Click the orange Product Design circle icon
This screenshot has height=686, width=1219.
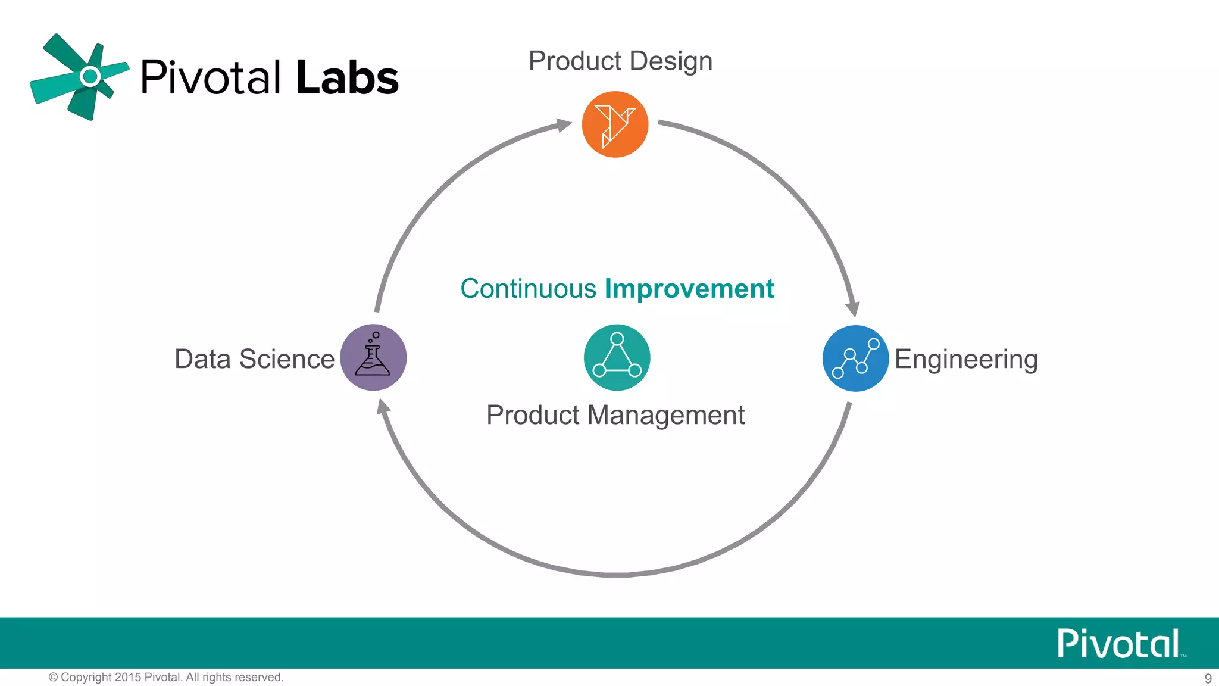[615, 124]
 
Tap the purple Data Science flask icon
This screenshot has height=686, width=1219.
[373, 357]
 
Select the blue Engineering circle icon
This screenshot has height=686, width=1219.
[855, 358]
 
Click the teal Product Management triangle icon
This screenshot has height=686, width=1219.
[617, 357]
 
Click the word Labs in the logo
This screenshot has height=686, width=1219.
[347, 78]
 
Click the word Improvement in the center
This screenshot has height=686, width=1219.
[689, 289]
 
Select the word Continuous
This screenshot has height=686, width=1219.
[528, 289]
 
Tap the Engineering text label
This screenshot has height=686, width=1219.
[965, 360]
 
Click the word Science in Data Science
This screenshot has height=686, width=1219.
[287, 359]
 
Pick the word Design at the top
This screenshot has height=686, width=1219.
[671, 61]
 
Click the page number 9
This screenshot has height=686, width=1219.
[1208, 678]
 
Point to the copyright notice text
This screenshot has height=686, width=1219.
[166, 677]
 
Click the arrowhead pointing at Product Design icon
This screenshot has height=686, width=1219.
[562, 124]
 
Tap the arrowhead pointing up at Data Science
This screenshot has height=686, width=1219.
[383, 407]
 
